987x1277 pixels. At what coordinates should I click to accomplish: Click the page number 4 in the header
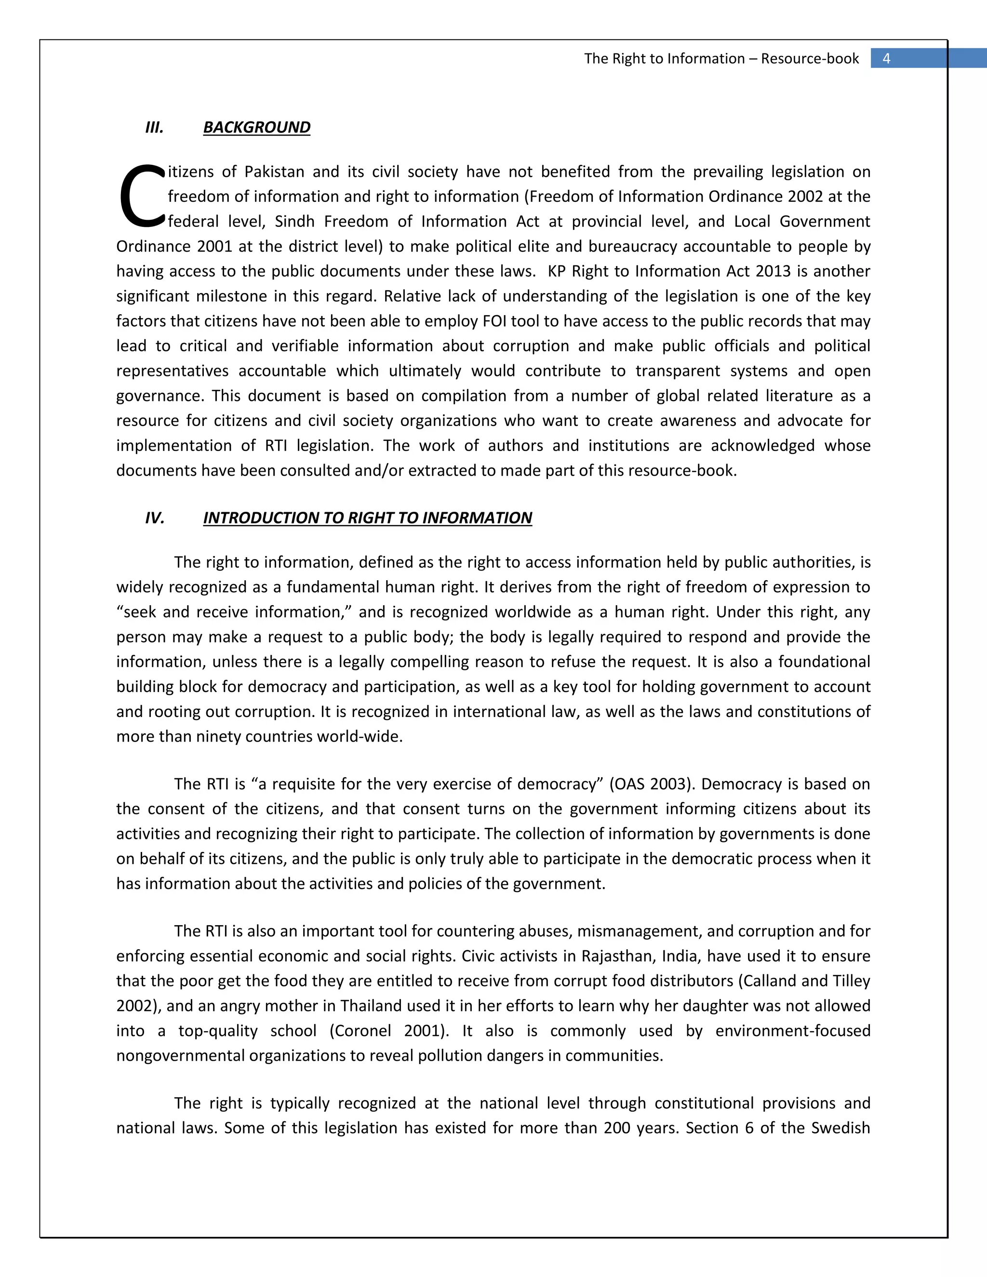click(886, 58)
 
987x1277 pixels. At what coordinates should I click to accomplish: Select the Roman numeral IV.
click(155, 518)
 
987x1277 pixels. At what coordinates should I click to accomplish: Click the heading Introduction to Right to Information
click(367, 518)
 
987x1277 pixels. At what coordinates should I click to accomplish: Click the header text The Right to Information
click(664, 58)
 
